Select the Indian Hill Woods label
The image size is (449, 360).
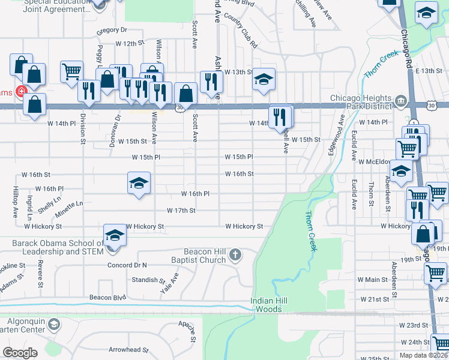click(x=270, y=304)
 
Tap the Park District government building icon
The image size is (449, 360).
click(x=400, y=100)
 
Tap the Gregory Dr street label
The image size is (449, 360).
click(x=112, y=29)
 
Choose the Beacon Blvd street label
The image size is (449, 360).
click(x=107, y=297)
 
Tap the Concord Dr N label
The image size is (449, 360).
click(x=127, y=265)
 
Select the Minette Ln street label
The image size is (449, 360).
click(x=70, y=204)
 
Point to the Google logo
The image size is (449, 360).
click(x=20, y=353)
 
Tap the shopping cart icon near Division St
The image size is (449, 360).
click(x=71, y=71)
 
